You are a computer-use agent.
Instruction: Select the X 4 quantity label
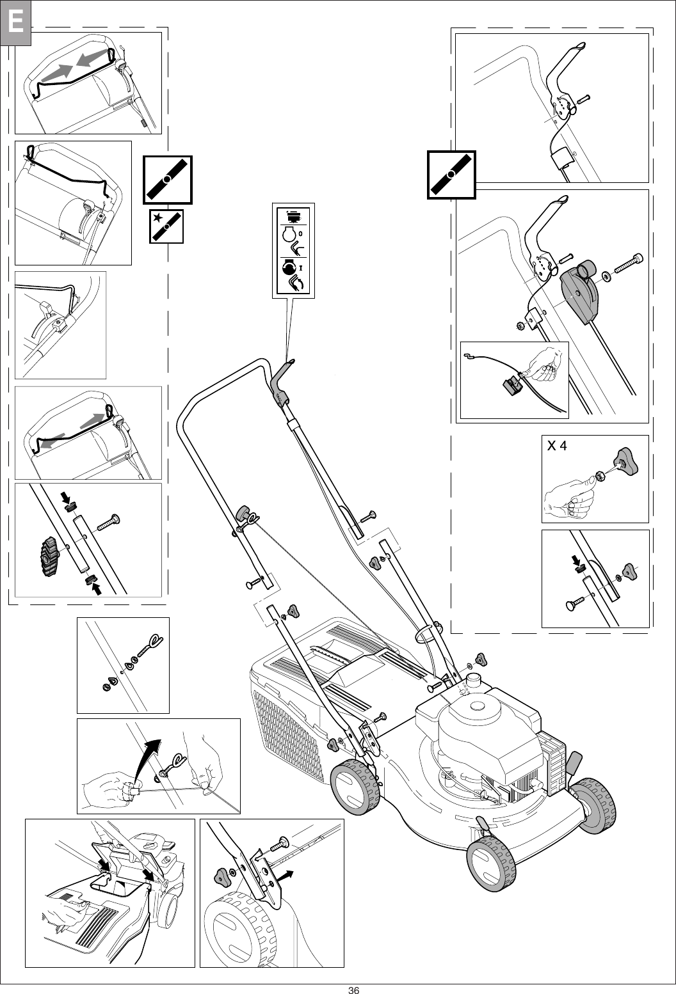point(556,446)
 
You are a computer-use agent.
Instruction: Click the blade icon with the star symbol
point(166,226)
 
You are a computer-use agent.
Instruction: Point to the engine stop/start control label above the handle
point(294,251)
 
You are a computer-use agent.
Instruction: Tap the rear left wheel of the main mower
point(353,787)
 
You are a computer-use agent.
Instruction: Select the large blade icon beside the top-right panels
point(451,174)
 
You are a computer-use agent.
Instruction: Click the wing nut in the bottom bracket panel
point(222,876)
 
